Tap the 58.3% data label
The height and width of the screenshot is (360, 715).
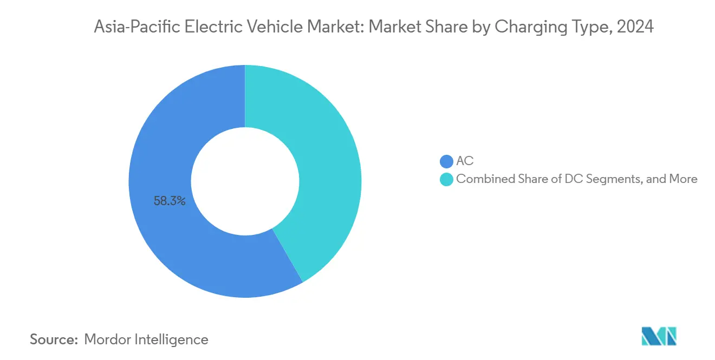tap(170, 201)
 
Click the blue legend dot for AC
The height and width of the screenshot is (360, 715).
tap(446, 161)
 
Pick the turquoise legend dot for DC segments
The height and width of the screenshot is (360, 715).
tap(446, 179)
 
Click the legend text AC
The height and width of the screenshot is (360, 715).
tap(465, 161)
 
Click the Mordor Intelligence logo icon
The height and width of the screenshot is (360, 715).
tap(659, 336)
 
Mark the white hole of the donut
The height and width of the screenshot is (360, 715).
tap(245, 181)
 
